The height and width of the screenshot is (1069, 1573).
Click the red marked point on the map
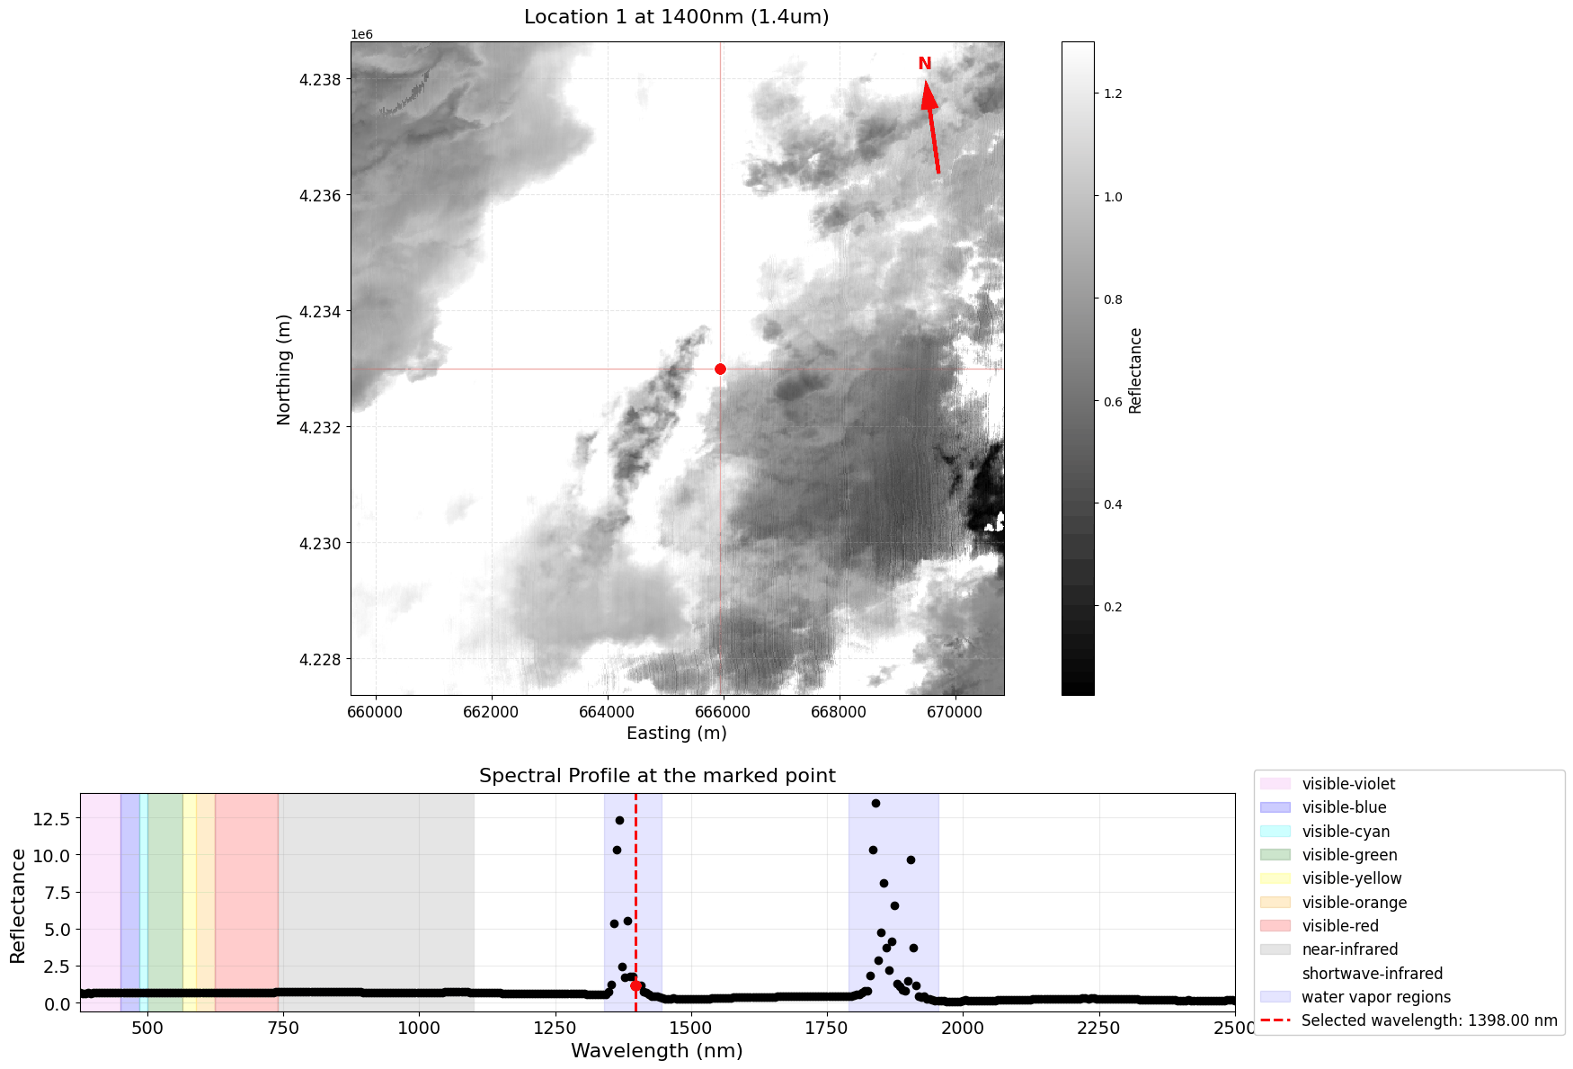(x=720, y=369)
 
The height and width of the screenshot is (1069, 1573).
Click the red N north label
(x=924, y=64)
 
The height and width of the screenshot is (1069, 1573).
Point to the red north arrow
(x=931, y=126)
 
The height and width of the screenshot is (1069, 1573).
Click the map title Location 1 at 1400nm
(x=676, y=17)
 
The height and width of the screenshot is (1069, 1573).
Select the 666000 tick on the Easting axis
(x=724, y=712)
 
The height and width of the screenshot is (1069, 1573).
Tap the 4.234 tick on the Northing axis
(x=320, y=312)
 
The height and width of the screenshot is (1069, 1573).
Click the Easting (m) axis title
(x=676, y=733)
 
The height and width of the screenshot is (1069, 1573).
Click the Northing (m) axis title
(x=284, y=369)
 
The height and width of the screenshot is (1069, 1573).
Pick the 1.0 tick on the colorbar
(x=1113, y=197)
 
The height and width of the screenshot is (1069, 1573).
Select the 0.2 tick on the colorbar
(x=1113, y=607)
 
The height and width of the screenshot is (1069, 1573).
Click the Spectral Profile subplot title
(x=657, y=776)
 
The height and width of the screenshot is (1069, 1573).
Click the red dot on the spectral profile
(x=636, y=985)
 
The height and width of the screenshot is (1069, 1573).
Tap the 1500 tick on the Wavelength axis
(x=690, y=1028)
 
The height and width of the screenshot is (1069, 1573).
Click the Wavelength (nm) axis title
(x=657, y=1051)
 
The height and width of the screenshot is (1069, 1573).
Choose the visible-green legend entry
(x=1349, y=855)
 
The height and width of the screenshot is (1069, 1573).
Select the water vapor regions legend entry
(x=1375, y=997)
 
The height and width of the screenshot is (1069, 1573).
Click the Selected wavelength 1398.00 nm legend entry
(x=1428, y=1020)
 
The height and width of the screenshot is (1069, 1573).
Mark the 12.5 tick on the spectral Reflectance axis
(x=51, y=818)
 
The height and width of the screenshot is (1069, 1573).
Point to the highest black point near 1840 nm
(x=875, y=803)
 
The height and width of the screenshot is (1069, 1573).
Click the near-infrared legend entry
(x=1349, y=949)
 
